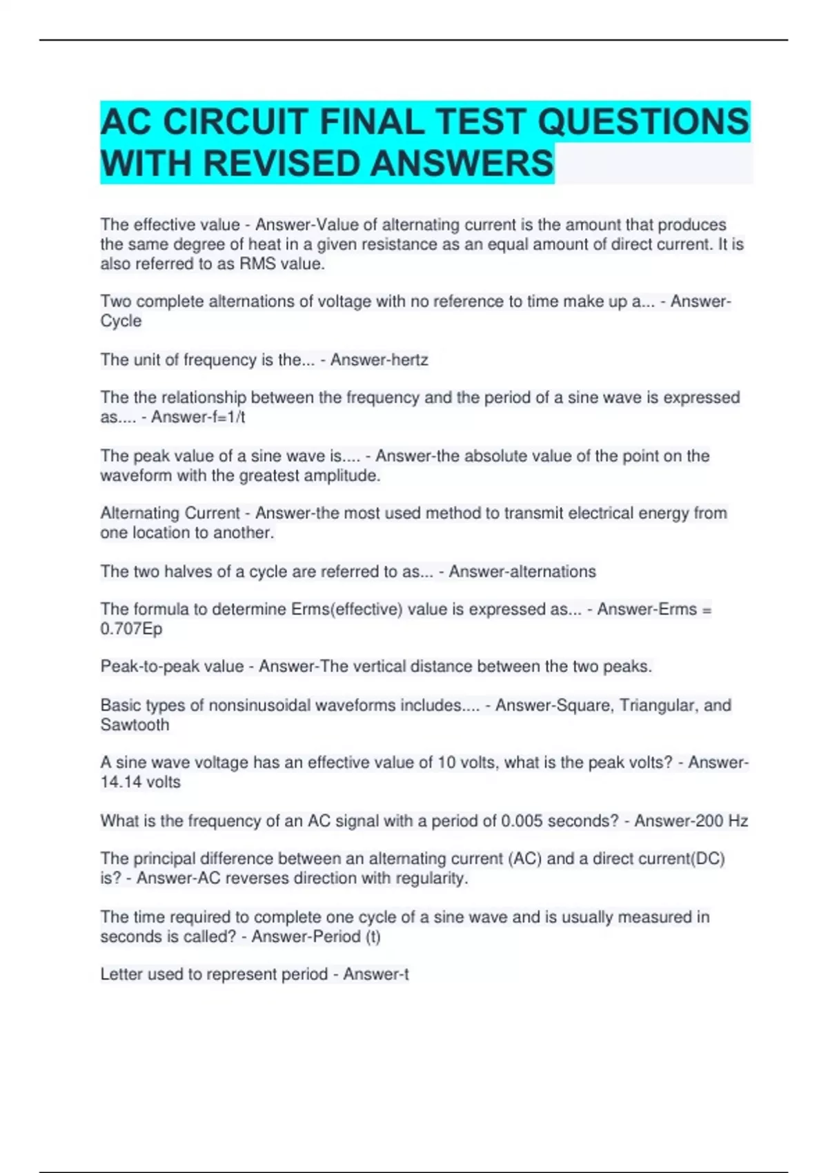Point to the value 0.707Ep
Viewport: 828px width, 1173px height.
click(x=131, y=629)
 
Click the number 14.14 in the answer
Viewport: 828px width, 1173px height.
click(x=119, y=782)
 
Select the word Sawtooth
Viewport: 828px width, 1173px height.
click(x=135, y=724)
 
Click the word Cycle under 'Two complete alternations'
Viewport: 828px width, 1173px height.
click(x=121, y=321)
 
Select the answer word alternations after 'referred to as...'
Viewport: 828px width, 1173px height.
click(x=555, y=571)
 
